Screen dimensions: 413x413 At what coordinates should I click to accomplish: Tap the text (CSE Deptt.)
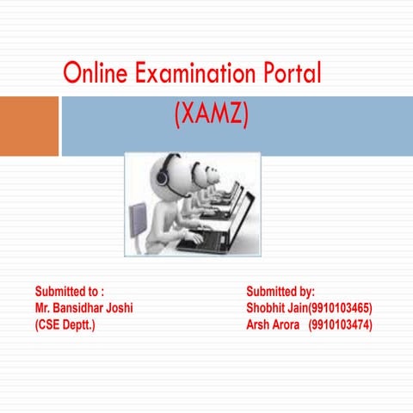(x=65, y=324)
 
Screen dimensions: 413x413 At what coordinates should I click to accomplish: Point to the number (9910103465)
(x=341, y=308)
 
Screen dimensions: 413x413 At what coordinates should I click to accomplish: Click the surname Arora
(x=287, y=324)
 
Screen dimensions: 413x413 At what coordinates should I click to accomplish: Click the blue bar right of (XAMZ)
(x=327, y=126)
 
